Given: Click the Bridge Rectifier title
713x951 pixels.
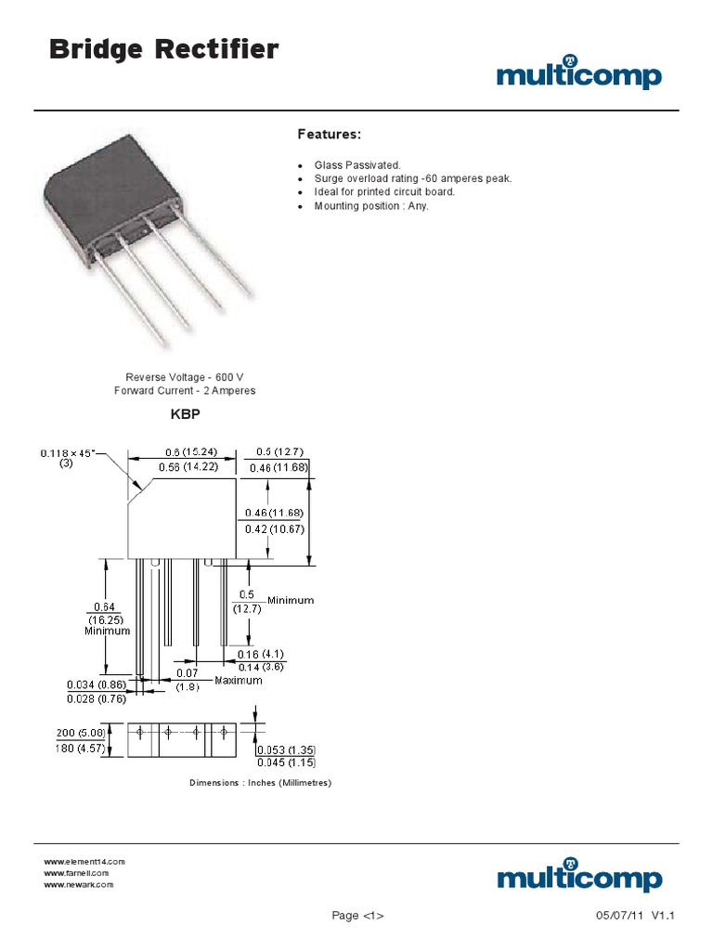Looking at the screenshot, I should point(162,50).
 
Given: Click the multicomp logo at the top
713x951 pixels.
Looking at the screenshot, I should point(578,73).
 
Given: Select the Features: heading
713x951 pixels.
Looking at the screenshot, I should point(328,135).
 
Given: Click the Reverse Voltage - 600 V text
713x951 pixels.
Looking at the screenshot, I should point(185,377).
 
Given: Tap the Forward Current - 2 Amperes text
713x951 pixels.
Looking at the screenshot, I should point(185,391).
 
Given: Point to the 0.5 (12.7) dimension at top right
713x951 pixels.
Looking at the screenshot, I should point(275,452).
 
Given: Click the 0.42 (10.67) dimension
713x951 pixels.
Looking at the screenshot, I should point(274,529).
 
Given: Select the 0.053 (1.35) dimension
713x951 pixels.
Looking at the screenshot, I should point(285,750).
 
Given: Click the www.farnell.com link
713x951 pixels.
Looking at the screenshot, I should point(77,873).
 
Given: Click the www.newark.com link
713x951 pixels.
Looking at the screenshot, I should point(79,885).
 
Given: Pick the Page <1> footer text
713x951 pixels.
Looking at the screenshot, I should point(358,917).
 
